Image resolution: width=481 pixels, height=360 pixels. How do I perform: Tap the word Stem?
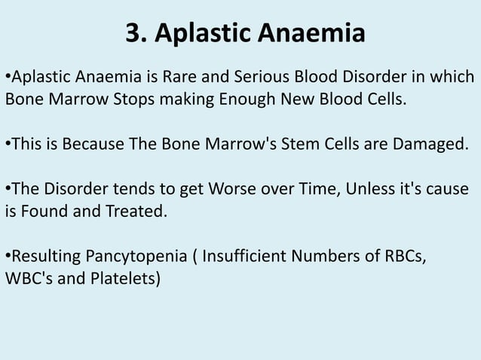pos(306,145)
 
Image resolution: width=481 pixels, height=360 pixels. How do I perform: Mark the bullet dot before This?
pos(8,145)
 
